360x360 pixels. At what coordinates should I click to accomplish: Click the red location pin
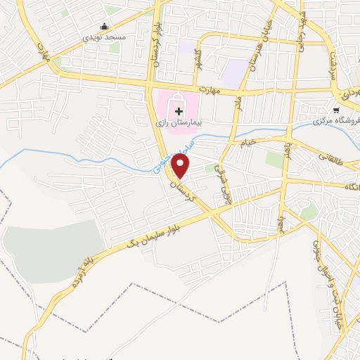pos(181,167)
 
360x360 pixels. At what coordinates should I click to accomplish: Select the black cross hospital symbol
pos(179,110)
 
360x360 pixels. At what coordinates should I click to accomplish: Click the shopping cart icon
pos(336,110)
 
